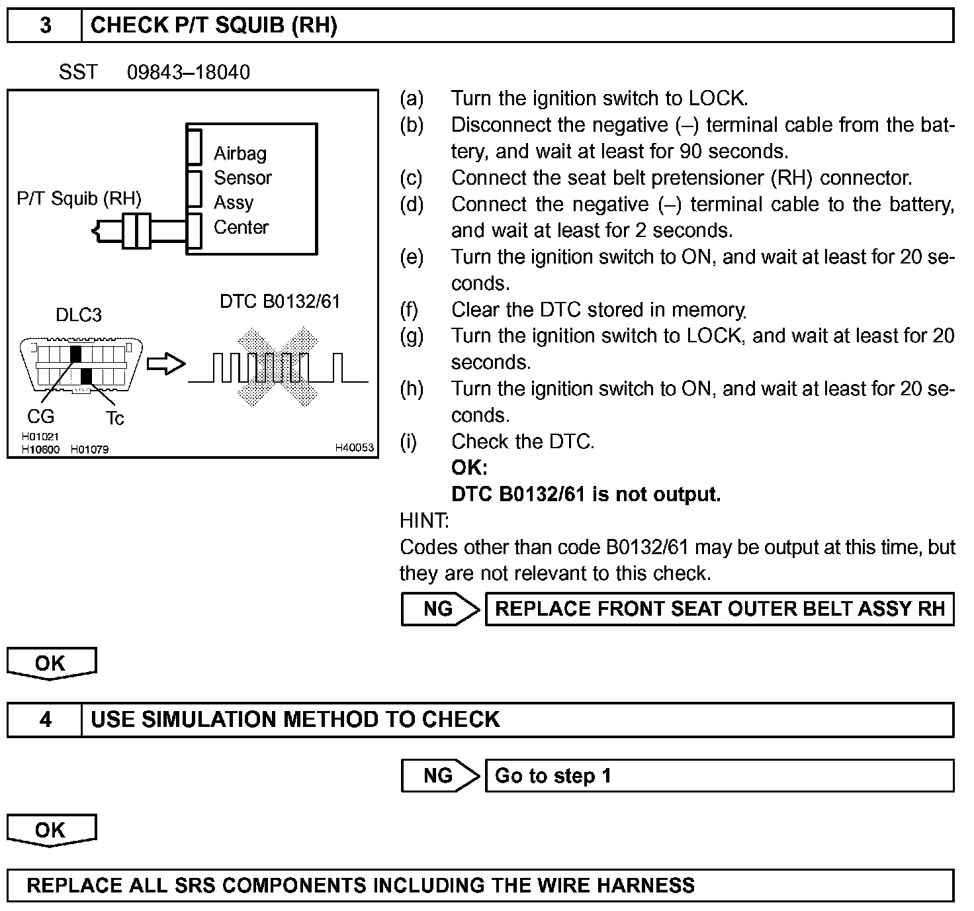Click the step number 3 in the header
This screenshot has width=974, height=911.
(45, 26)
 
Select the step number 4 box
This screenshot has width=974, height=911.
(45, 720)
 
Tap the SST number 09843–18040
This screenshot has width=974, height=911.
(189, 72)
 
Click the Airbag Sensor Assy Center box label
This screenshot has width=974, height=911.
(242, 190)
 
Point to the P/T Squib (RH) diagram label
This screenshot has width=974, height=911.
(79, 199)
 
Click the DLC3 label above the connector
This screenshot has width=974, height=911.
(79, 314)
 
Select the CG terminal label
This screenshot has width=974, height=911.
(40, 416)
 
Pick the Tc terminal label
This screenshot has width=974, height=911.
(114, 418)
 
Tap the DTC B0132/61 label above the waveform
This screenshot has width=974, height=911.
(280, 302)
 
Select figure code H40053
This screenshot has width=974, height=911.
(354, 448)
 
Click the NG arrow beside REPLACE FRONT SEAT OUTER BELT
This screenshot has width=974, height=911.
(439, 609)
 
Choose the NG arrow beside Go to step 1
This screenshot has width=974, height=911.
(439, 776)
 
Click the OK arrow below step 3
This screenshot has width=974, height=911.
(51, 663)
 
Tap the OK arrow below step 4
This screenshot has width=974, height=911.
(51, 830)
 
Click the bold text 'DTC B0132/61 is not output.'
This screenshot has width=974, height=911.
(586, 495)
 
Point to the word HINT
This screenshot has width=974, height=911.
(424, 521)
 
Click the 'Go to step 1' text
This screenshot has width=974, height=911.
(553, 776)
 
